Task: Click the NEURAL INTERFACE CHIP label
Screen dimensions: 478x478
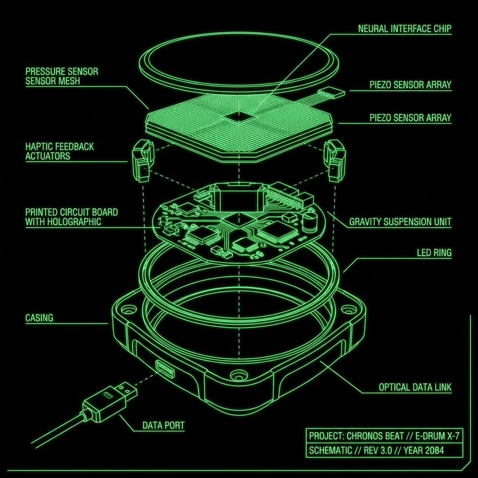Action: click(405, 29)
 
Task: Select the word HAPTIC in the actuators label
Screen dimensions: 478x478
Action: click(39, 147)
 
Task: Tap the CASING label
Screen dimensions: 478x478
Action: click(39, 318)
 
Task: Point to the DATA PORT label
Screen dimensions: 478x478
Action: click(163, 426)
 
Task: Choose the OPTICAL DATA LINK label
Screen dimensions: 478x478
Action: click(415, 387)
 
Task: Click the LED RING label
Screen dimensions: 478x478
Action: click(434, 253)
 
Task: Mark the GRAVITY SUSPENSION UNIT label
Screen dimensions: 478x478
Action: click(401, 222)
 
